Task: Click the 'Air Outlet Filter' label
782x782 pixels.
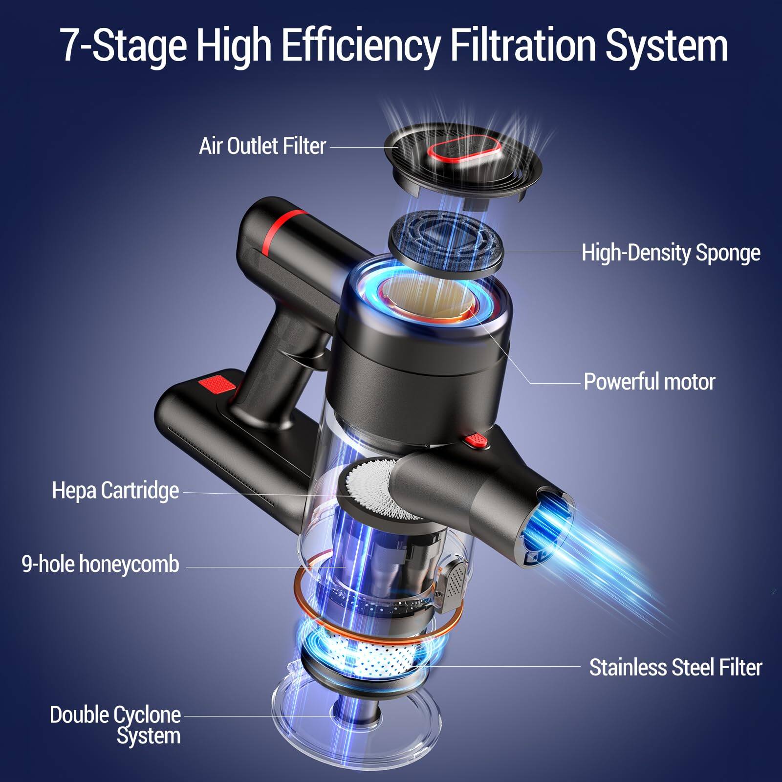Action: (262, 146)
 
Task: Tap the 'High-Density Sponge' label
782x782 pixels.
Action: (671, 253)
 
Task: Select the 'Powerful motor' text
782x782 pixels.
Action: (649, 382)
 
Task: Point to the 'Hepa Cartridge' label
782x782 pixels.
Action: (115, 490)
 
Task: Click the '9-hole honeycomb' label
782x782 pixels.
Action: (101, 564)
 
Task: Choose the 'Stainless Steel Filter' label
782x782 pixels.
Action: (675, 667)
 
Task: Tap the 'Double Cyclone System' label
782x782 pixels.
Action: (115, 725)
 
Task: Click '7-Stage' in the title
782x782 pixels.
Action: (124, 45)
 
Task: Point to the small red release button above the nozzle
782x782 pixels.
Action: (477, 440)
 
